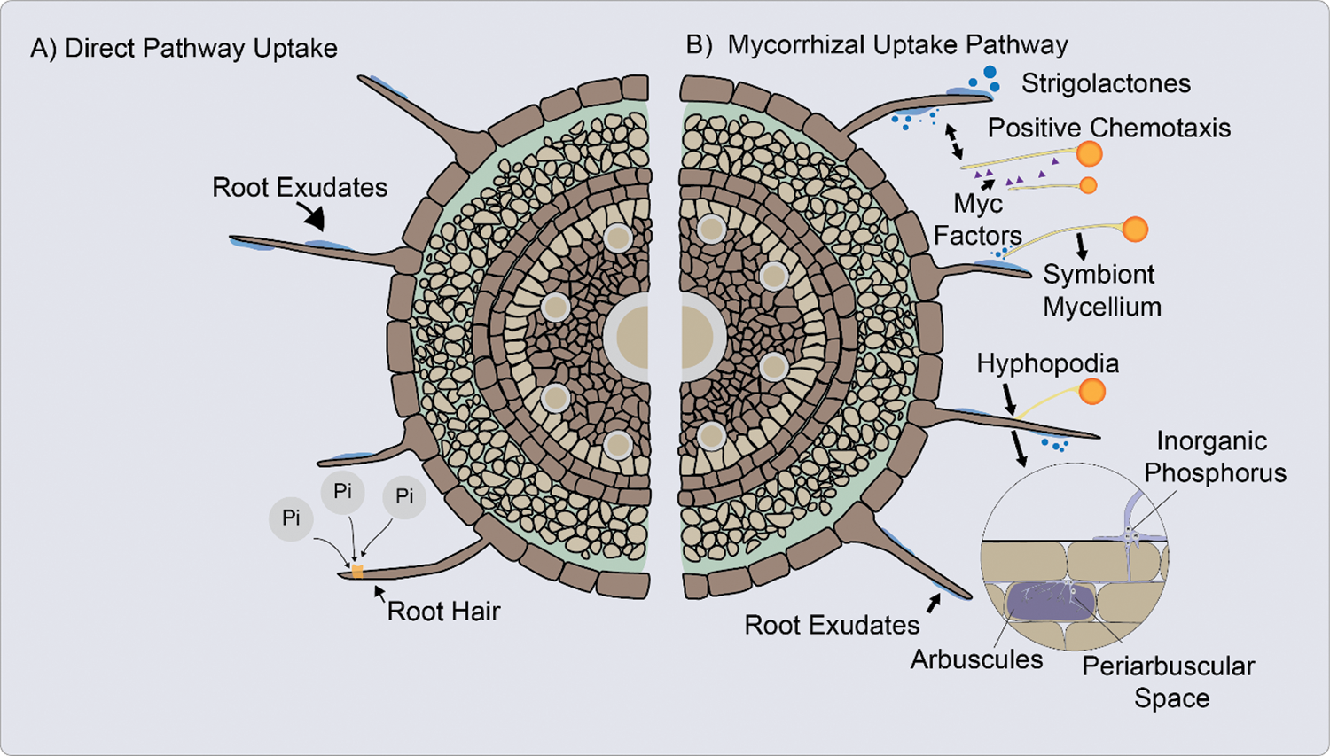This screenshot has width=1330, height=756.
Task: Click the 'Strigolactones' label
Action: (x=1106, y=83)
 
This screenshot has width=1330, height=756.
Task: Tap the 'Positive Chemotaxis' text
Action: (x=1109, y=128)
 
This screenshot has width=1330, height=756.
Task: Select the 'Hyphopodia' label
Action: (x=1048, y=363)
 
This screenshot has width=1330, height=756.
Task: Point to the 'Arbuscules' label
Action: (x=977, y=659)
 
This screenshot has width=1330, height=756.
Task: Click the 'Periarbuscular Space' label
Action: (x=1169, y=682)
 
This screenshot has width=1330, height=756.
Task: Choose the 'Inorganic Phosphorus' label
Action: (x=1215, y=457)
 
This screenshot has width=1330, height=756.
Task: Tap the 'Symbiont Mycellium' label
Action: (x=1102, y=291)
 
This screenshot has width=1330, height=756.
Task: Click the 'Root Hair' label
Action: (x=443, y=612)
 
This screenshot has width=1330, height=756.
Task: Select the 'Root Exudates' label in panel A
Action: (x=300, y=188)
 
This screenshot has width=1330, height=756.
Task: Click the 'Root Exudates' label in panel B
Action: (x=832, y=625)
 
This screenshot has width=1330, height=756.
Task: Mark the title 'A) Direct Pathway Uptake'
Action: (x=184, y=49)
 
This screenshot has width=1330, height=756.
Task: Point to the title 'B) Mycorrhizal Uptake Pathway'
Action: (x=877, y=45)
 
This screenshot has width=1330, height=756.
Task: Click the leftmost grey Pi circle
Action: (x=291, y=518)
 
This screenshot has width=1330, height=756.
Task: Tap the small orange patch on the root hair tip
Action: (x=357, y=572)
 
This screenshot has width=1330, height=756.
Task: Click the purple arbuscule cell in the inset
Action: (x=1051, y=601)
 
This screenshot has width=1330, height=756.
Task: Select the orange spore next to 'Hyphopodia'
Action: (x=1091, y=392)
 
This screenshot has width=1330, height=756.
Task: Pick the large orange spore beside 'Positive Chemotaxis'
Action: (x=1089, y=153)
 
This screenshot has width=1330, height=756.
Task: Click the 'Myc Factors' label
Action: (x=978, y=220)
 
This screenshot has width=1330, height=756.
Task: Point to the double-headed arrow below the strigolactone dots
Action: (x=953, y=142)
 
